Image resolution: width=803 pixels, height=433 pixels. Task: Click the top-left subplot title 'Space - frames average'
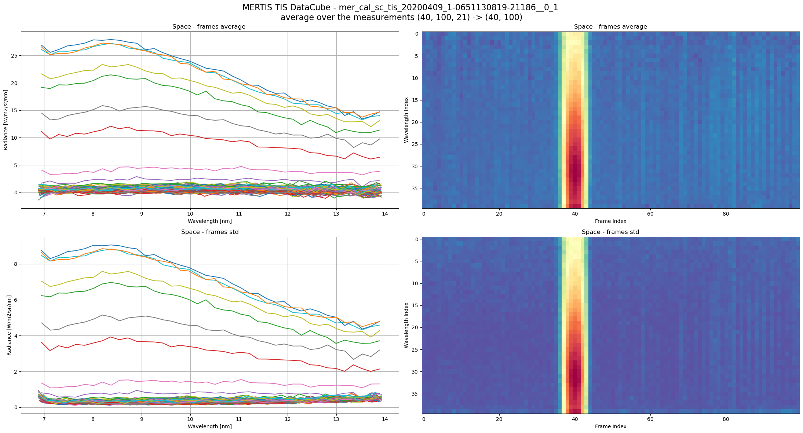tap(209, 27)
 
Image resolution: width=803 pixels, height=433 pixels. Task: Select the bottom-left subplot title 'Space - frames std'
tap(209, 232)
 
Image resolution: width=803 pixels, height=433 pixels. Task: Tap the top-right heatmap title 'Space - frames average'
tap(610, 27)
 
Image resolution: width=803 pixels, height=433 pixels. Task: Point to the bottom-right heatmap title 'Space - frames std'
tap(610, 232)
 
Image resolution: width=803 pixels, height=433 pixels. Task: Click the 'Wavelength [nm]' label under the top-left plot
tap(209, 221)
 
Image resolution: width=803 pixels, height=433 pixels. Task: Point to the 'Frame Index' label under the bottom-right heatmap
tap(610, 426)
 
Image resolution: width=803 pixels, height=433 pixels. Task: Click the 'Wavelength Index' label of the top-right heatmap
tap(406, 120)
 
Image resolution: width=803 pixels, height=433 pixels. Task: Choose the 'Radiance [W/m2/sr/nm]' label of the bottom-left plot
tap(9, 325)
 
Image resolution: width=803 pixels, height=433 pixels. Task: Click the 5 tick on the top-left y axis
tap(16, 165)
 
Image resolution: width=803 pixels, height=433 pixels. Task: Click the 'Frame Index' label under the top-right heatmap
tap(610, 221)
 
